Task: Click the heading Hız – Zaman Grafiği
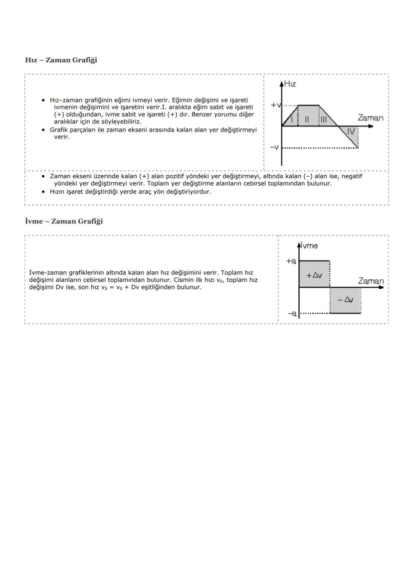(61, 60)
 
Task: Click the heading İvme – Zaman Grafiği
(64, 221)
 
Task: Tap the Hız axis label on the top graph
(290, 84)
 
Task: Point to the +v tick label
(276, 105)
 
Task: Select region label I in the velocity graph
(292, 119)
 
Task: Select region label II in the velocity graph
(307, 119)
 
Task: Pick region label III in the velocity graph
(323, 119)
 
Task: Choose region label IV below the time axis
(351, 132)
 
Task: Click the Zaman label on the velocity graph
(370, 118)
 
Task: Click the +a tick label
(291, 260)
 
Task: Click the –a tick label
(292, 313)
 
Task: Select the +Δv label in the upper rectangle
(314, 275)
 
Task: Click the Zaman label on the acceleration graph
(371, 281)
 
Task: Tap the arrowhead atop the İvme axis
(299, 244)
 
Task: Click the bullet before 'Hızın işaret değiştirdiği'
(44, 191)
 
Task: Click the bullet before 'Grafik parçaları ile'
(44, 130)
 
